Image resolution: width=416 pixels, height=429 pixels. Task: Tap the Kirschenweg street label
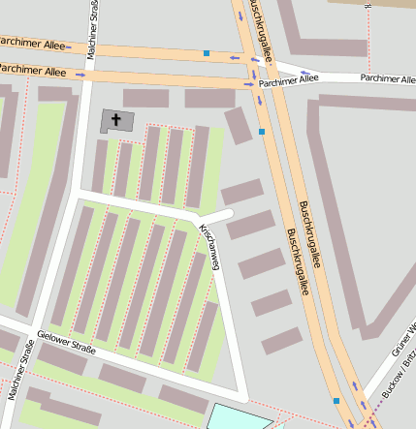[209, 248]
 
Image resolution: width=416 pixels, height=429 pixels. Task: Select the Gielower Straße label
[67, 348]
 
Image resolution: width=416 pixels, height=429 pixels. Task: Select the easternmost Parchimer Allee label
[387, 77]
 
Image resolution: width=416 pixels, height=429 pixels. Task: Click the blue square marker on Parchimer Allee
[206, 53]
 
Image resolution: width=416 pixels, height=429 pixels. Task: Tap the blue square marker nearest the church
[262, 131]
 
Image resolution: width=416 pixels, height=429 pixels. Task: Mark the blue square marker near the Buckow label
[336, 400]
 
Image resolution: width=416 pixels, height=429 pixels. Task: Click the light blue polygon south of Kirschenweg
[238, 417]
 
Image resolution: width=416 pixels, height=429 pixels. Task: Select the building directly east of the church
[145, 99]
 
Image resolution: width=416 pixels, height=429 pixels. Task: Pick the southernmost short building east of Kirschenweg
[282, 341]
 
